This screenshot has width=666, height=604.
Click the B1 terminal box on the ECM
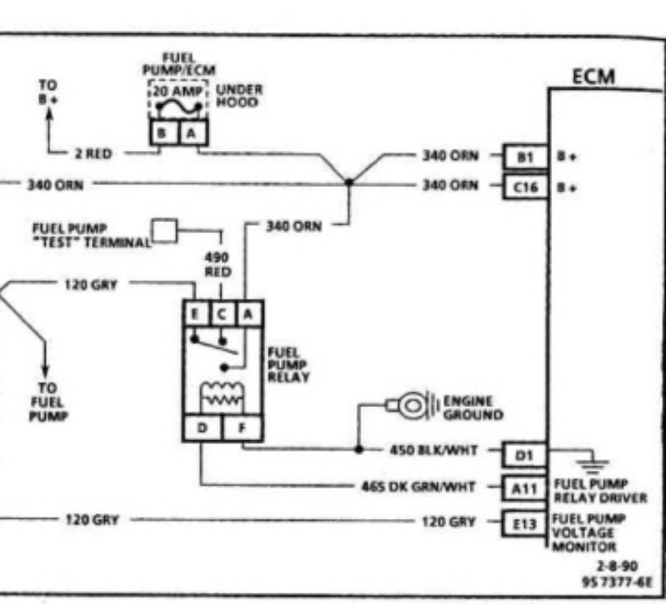click(x=525, y=157)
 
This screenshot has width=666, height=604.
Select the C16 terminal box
click(x=525, y=187)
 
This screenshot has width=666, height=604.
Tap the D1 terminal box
click(x=523, y=455)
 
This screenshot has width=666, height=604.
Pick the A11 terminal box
click(x=523, y=487)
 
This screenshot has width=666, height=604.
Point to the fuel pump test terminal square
click(x=165, y=231)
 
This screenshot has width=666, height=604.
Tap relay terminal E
click(x=194, y=313)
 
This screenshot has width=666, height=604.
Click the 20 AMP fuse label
click(x=179, y=91)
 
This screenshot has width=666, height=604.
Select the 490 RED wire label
click(x=219, y=265)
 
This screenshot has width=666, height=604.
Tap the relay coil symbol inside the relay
click(x=222, y=394)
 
